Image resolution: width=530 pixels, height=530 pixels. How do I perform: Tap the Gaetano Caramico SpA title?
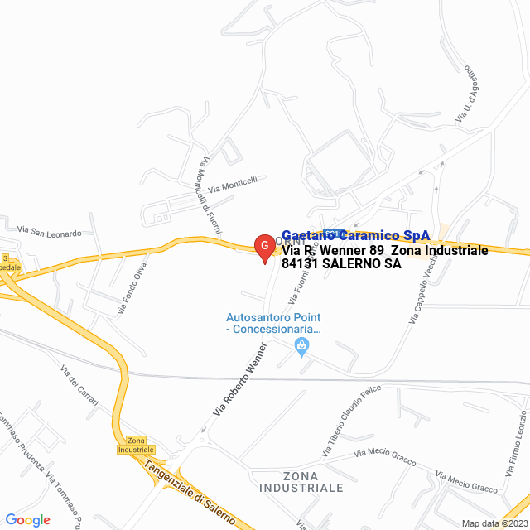click(x=356, y=235)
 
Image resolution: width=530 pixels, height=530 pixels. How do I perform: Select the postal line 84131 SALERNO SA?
click(x=341, y=264)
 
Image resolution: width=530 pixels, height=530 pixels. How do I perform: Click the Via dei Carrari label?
click(x=80, y=386)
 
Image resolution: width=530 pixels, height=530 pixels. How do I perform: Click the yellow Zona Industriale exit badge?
click(x=136, y=446)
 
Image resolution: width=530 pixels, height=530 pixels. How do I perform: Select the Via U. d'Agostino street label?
click(x=464, y=95)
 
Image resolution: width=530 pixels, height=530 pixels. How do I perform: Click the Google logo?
click(x=27, y=520)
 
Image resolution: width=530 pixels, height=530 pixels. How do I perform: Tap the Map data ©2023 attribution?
click(x=494, y=523)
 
